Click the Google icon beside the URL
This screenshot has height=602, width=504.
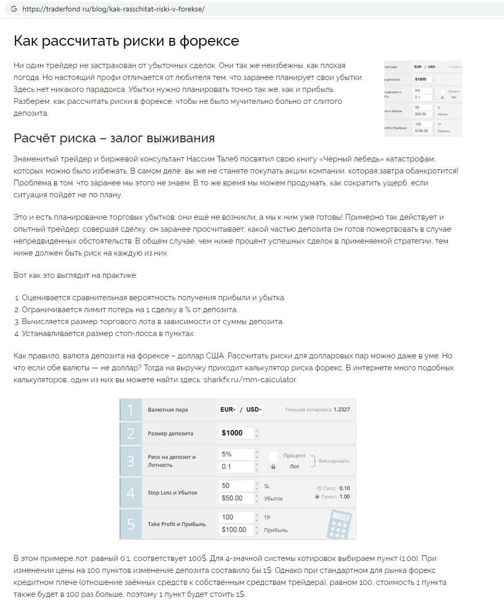coord(14,9)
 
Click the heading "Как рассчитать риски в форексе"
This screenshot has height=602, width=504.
coord(126,41)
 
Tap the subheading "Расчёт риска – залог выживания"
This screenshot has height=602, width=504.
coord(114,139)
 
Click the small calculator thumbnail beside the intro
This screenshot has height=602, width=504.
coord(423,99)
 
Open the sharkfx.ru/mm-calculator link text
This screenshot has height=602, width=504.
coord(257,380)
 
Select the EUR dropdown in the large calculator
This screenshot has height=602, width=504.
coord(228,410)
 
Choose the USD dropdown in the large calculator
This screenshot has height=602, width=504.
coord(254,410)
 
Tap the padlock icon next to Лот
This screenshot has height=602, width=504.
coord(273,467)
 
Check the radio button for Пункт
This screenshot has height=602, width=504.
coord(317,497)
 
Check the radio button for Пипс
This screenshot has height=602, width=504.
coord(319,488)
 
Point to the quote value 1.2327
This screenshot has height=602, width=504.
coord(342,410)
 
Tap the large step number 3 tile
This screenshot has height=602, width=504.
coord(131,461)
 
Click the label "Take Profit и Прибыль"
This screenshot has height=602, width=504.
coord(177,524)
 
